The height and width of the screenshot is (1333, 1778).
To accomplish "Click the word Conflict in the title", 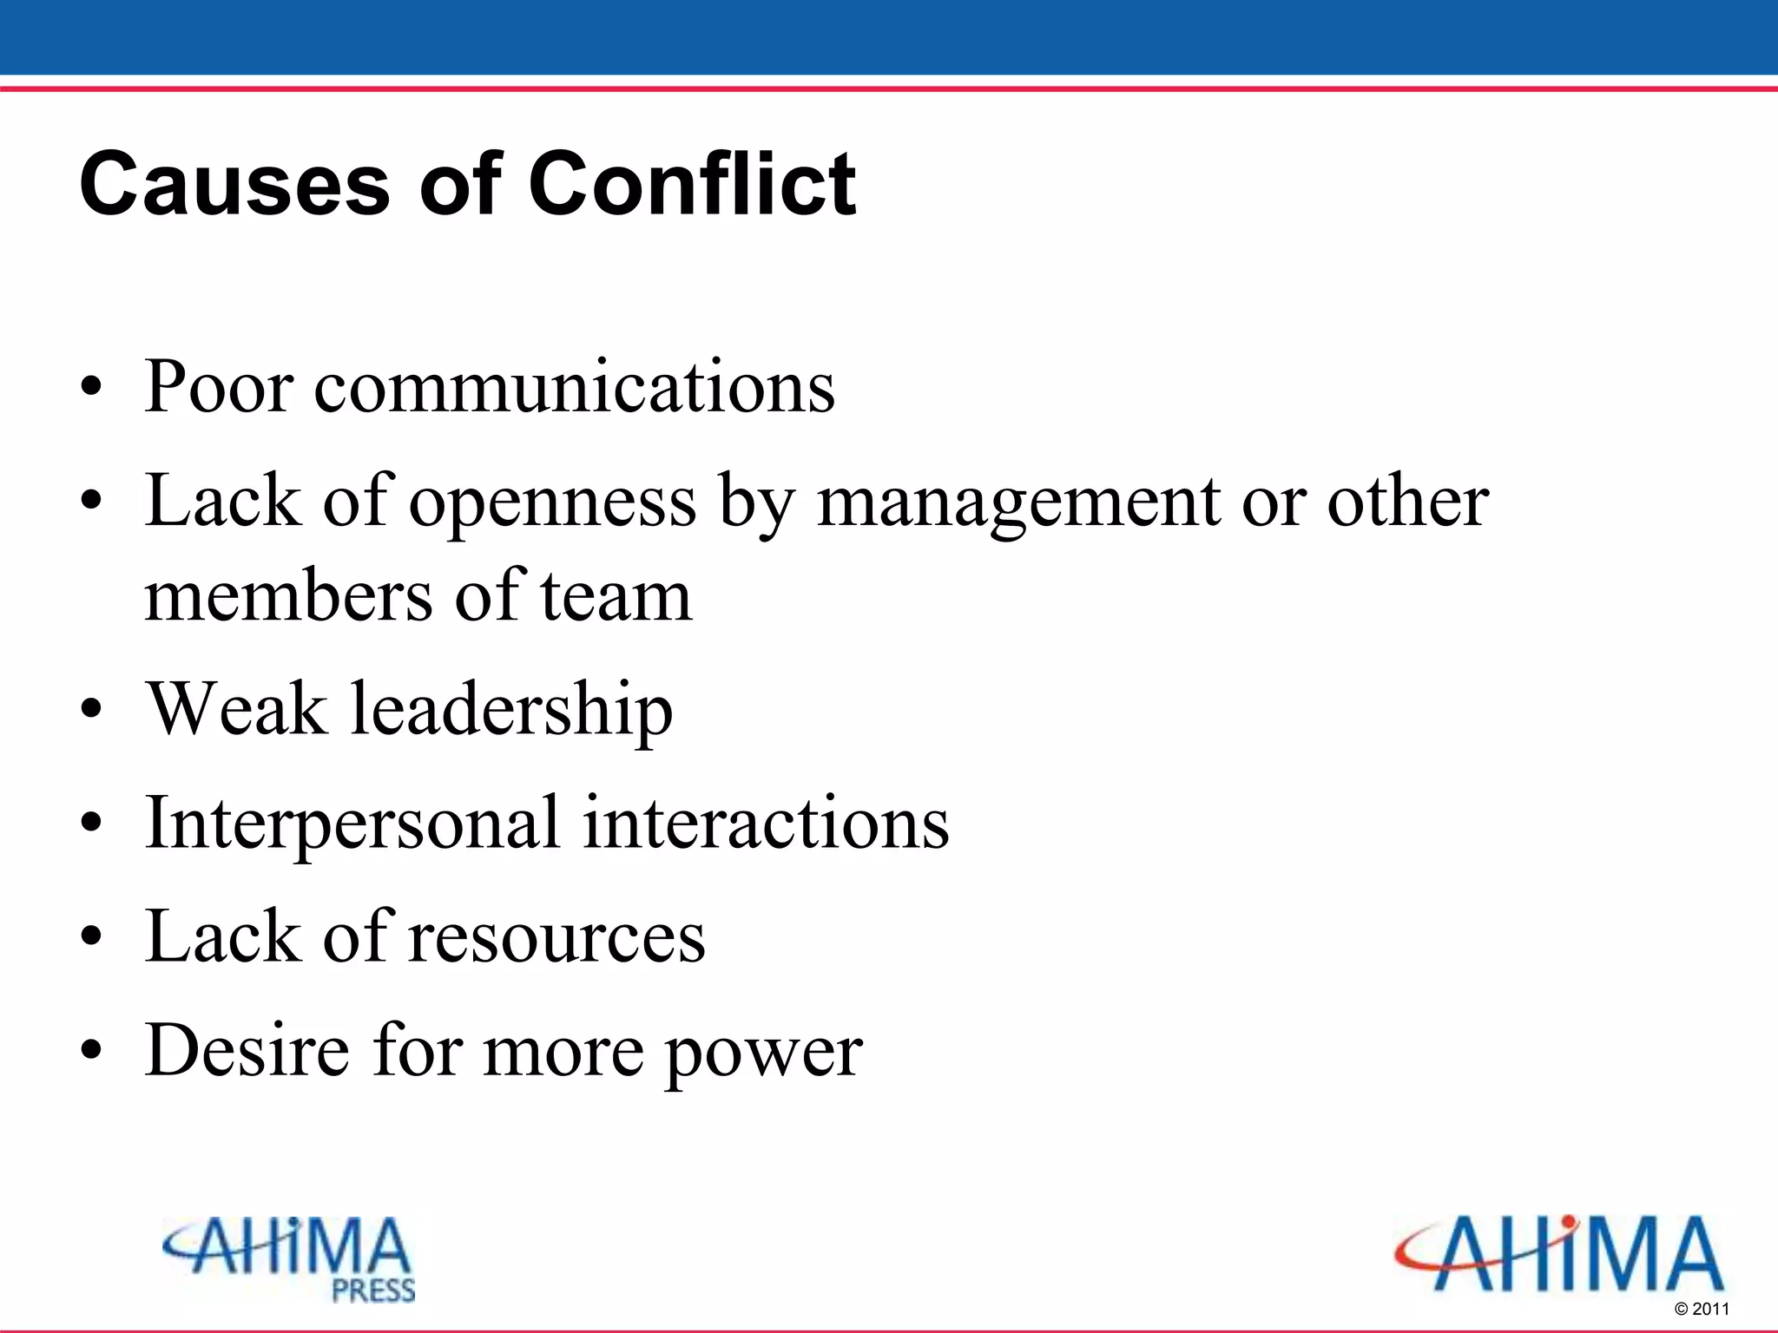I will point(692,184).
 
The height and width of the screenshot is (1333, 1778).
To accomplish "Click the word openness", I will point(553,503).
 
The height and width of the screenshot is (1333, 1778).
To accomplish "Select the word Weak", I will point(236,709).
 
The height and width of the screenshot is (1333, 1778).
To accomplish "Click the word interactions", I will point(766,823).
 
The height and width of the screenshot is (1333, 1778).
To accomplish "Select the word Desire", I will point(247,1050).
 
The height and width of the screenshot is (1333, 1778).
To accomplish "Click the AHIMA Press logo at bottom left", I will point(289,1258).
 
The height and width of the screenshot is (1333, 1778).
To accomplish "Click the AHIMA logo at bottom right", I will point(1558,1254).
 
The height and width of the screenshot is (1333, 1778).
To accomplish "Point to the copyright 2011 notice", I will point(1702,1309).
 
